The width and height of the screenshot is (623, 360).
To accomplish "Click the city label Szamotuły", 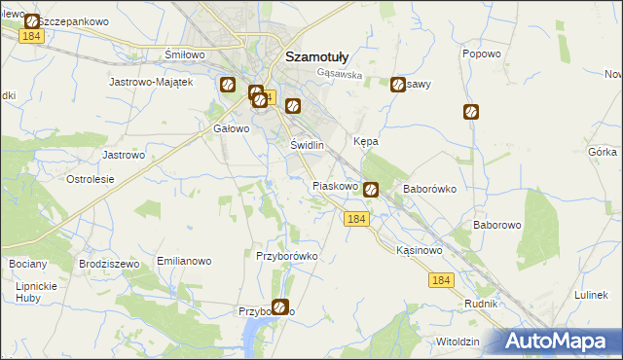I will [x=311, y=56].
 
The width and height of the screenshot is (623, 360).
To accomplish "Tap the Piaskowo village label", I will [x=337, y=185].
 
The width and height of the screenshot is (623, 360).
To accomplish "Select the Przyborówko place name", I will [x=287, y=256].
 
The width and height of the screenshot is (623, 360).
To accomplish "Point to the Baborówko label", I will [x=430, y=190].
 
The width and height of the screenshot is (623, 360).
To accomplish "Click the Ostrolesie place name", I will [x=90, y=179].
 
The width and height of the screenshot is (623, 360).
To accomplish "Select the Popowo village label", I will [x=481, y=54].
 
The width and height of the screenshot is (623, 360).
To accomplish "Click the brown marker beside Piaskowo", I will [x=371, y=191].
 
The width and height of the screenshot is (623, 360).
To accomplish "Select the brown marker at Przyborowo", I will [x=280, y=307].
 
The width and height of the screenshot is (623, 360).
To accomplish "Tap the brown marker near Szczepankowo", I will [x=32, y=21].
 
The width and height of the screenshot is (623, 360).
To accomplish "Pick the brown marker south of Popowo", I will [x=471, y=112].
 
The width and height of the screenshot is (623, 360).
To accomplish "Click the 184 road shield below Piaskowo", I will [x=356, y=221].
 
